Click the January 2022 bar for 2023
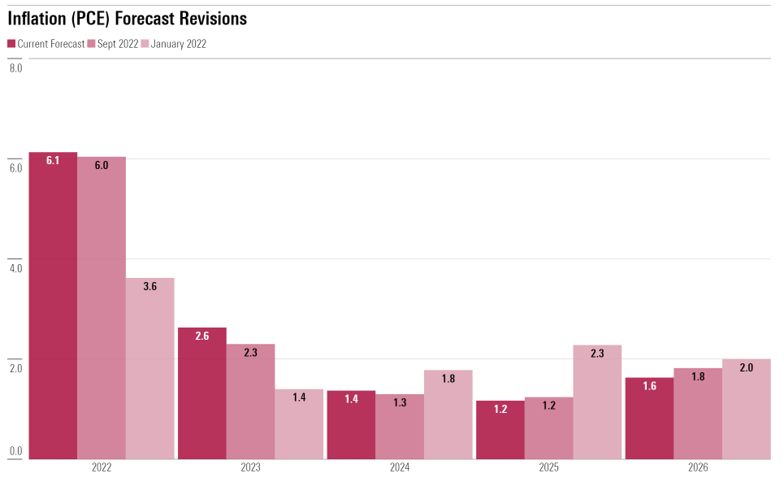299,423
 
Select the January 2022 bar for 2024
448,415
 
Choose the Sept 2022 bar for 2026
698,414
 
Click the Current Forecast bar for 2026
649,418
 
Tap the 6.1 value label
53,161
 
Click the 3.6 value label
149,286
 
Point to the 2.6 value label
202,336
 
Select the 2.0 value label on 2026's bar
747,367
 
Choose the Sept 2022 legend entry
113,44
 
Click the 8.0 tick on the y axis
16,68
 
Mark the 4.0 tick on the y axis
16,268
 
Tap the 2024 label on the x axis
400,468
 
